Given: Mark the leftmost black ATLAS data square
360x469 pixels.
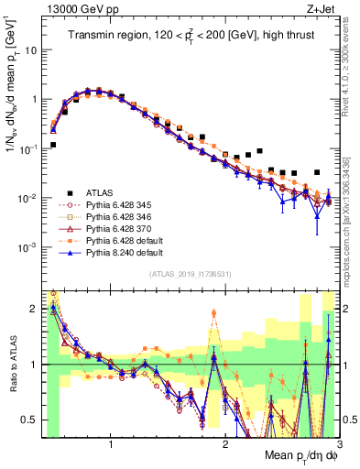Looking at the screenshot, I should (x=53, y=145).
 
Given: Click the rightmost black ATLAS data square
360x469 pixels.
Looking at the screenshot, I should (x=317, y=172).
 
